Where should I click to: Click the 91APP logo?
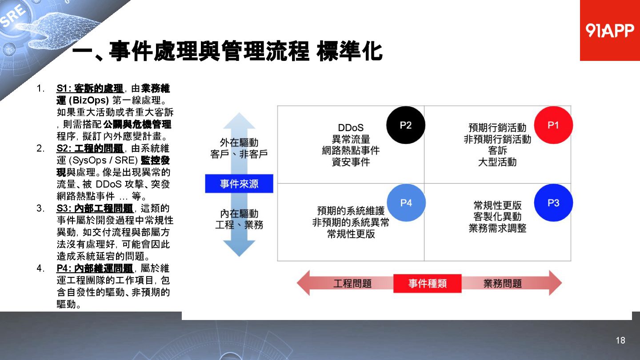click(x=610, y=30)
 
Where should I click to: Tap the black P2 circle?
click(x=405, y=125)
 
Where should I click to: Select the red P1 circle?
click(x=553, y=125)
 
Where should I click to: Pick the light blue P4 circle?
click(x=406, y=203)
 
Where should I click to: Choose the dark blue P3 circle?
click(x=553, y=203)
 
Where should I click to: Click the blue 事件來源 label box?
click(x=239, y=184)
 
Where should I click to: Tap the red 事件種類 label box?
click(x=427, y=284)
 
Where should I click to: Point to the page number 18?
click(x=620, y=340)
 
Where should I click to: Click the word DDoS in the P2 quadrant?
click(x=351, y=128)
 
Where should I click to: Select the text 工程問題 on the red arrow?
click(x=352, y=284)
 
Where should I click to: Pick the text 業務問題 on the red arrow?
click(x=502, y=284)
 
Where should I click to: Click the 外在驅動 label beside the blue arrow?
click(x=239, y=142)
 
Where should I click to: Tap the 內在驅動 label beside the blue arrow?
click(x=239, y=214)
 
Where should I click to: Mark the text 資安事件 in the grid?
click(x=351, y=162)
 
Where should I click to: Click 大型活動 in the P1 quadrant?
click(x=497, y=162)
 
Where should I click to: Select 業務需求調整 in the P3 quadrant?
click(x=497, y=228)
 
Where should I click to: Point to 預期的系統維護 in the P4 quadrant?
click(x=351, y=211)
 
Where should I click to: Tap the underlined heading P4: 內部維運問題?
click(x=95, y=268)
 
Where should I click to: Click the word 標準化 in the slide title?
click(x=349, y=52)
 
